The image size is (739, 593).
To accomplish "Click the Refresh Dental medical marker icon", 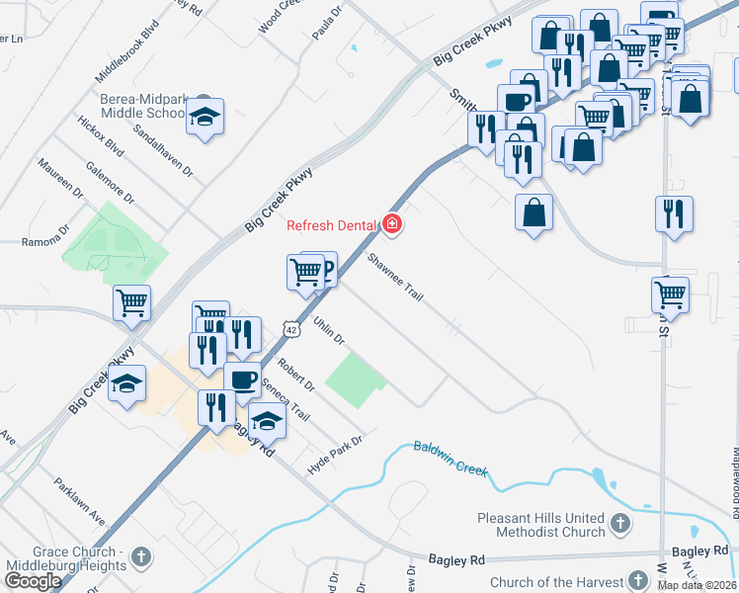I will tap(392, 225).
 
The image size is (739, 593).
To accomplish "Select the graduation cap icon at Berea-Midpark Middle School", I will tap(205, 117).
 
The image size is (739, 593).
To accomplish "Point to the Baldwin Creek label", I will tap(451, 458).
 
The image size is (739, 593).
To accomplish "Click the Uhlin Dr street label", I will tap(328, 331).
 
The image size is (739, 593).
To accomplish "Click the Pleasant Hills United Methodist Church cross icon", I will tap(619, 522).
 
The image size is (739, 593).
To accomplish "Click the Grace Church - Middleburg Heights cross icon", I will tap(141, 556).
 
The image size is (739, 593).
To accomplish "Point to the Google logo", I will tap(33, 580).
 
